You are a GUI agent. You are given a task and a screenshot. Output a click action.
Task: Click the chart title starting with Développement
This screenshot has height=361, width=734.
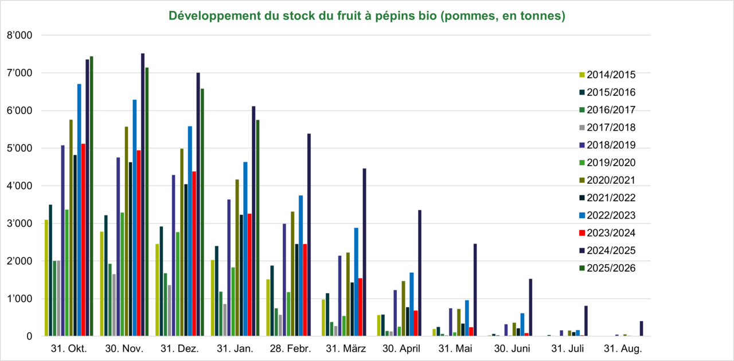click(x=367, y=16)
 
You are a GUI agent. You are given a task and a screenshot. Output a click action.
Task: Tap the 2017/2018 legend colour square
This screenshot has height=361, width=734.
click(x=581, y=128)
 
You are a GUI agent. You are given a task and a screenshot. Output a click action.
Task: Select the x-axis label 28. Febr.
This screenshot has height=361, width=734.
click(x=290, y=348)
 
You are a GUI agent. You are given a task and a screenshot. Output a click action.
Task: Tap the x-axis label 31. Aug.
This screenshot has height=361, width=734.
click(x=623, y=348)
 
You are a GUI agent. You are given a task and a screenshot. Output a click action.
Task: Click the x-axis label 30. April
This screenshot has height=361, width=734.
click(x=401, y=348)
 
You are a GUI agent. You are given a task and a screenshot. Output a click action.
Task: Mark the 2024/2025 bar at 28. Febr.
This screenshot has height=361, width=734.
click(x=309, y=235)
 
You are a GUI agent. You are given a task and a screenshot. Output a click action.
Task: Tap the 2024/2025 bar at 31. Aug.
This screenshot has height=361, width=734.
click(x=641, y=329)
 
